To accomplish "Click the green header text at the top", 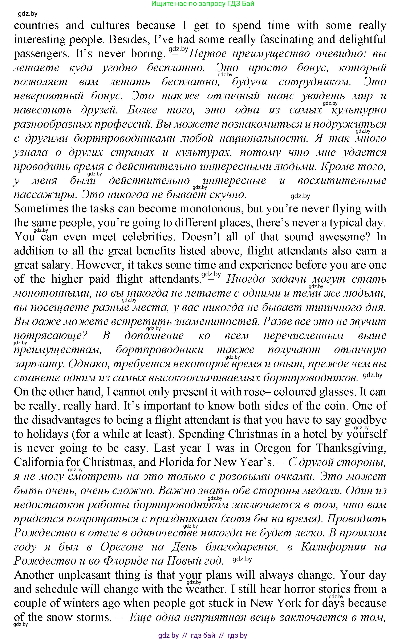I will click(x=203, y=4).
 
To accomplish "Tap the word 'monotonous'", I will click(x=211, y=209).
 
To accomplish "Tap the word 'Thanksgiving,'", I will click(x=351, y=448).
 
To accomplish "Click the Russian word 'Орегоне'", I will click(x=122, y=547).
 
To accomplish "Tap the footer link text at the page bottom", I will click(x=203, y=635).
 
